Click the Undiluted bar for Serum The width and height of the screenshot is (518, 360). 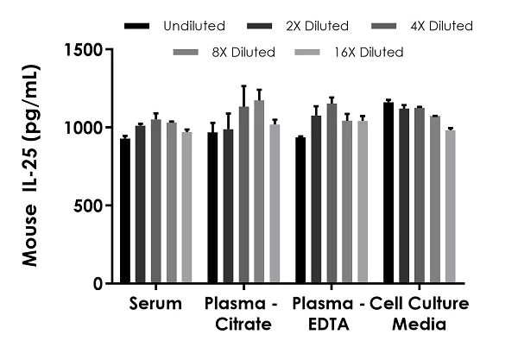[125, 211]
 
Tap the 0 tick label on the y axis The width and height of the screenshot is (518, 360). [99, 283]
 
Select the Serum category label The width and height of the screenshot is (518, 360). [155, 304]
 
